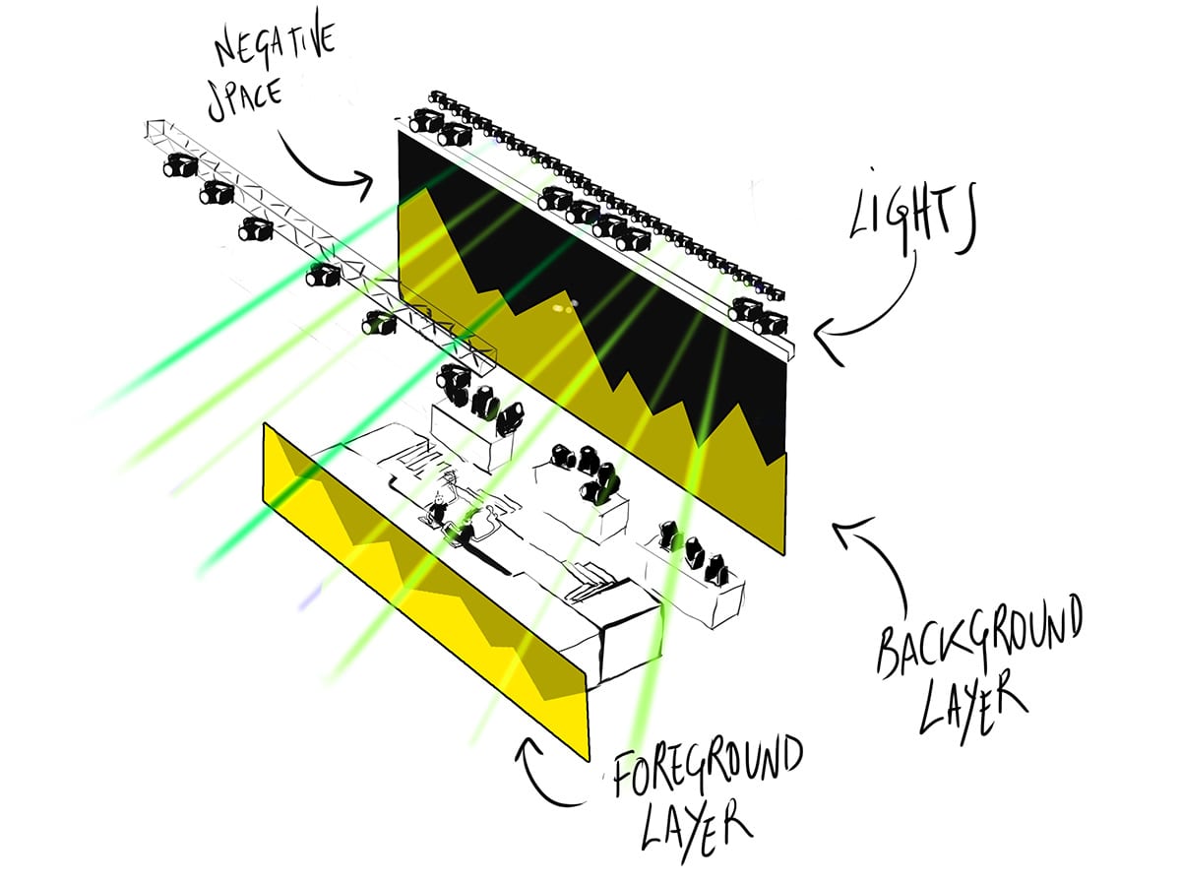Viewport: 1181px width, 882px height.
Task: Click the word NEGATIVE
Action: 276,43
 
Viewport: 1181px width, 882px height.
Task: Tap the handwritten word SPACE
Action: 245,100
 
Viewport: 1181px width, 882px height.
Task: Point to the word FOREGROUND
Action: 708,767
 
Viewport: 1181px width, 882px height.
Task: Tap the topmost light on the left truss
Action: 180,165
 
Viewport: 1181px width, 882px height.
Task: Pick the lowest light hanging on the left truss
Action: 379,322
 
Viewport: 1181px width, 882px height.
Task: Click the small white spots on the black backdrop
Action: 565,306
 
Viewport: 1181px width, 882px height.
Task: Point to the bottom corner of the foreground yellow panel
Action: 590,761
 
